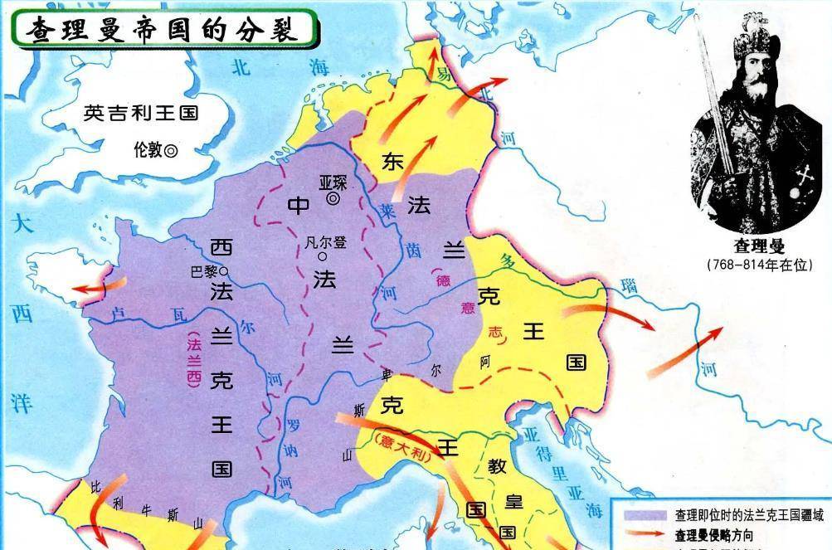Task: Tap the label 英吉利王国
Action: coord(141,113)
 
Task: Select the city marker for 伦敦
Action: coord(171,151)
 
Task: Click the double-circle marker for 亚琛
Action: coord(333,199)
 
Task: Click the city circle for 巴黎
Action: coord(223,271)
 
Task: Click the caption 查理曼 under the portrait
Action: coord(759,246)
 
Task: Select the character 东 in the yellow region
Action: coord(392,162)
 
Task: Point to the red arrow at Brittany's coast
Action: coord(96,287)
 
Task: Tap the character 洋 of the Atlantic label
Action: coord(22,404)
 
